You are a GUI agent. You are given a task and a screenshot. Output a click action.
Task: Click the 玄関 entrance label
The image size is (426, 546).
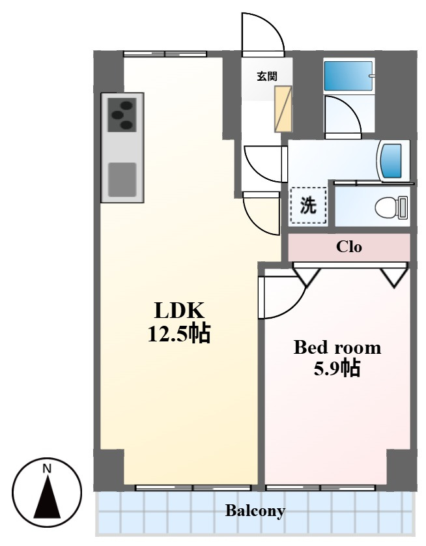267,76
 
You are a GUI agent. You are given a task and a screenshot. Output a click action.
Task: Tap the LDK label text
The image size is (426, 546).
179,311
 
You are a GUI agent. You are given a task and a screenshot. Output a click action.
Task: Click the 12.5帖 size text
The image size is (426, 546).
179,334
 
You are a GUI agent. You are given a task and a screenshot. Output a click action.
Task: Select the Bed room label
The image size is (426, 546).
337,347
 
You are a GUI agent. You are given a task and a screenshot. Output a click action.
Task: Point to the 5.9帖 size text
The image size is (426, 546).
337,367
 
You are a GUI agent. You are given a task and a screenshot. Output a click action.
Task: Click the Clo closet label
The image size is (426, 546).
348,247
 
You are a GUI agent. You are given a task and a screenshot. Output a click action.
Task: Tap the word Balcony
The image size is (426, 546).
255,511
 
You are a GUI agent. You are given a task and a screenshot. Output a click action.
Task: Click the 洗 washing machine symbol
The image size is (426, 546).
308,205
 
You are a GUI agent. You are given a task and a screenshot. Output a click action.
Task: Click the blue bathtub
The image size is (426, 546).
348,76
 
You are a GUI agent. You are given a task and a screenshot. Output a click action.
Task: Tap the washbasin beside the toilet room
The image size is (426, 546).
391,161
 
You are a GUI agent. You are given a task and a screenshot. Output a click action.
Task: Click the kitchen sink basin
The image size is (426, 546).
122,179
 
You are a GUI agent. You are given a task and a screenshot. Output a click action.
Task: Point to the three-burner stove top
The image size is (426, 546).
122,115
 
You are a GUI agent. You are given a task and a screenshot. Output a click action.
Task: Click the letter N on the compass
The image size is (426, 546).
47,468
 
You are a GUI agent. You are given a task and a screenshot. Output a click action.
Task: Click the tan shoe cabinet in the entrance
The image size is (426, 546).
283,109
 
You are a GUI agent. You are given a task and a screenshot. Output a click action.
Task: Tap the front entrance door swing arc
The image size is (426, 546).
273,26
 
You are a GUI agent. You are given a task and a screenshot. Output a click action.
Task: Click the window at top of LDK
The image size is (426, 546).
165,54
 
